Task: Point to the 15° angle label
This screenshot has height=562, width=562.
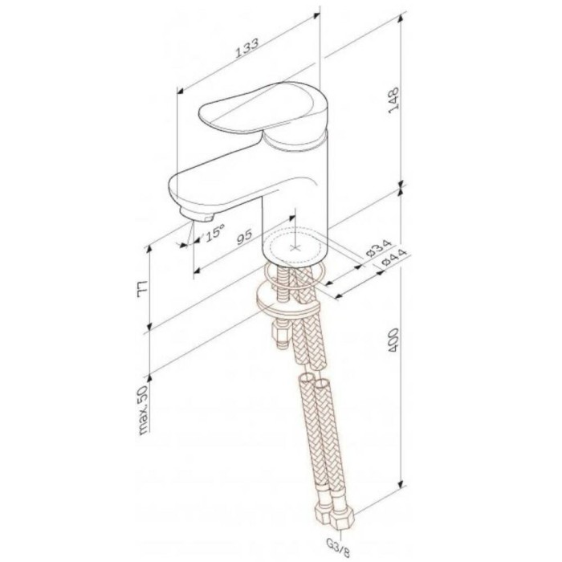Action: [213, 234]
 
